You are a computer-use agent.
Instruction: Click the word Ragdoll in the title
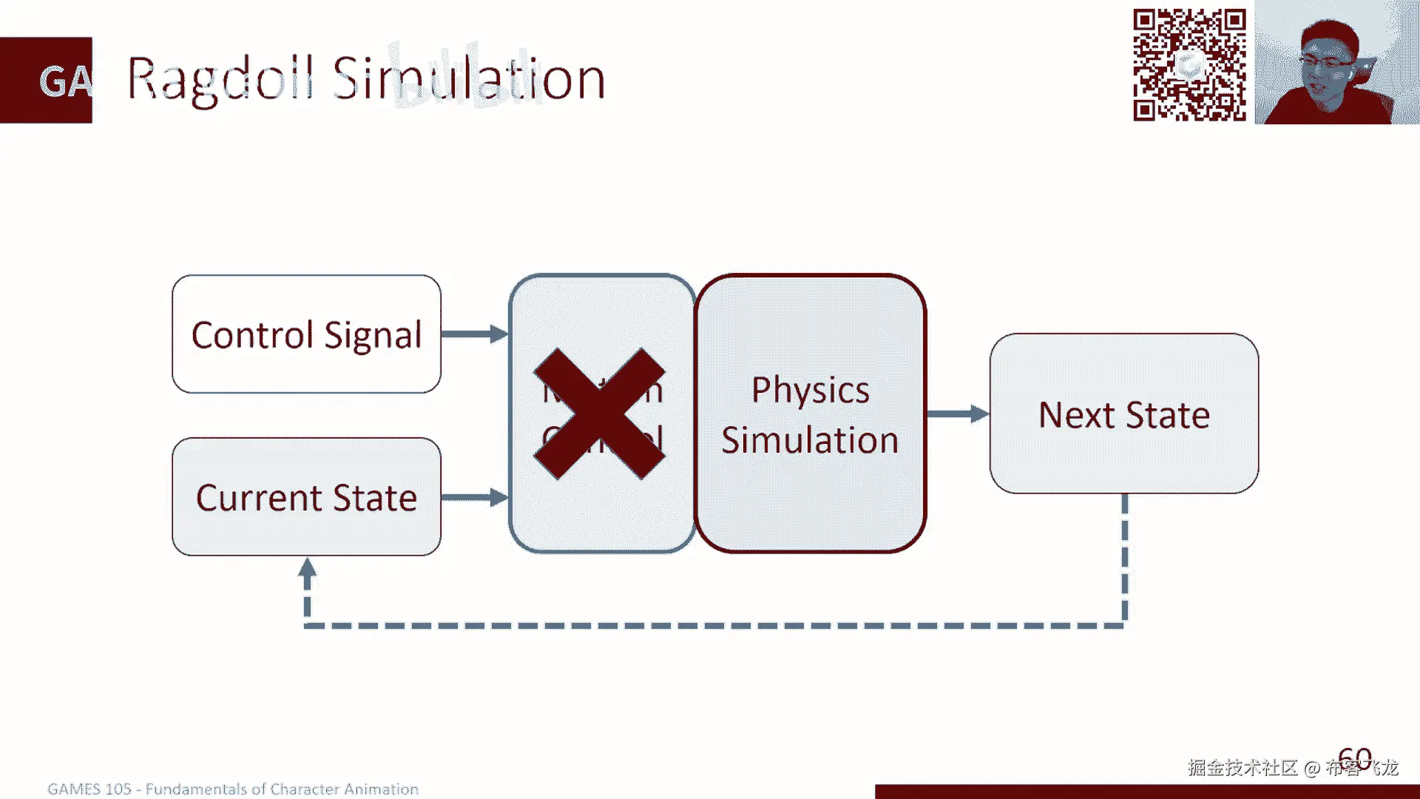coord(220,80)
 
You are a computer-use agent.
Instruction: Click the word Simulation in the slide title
coord(469,78)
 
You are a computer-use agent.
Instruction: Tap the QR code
coord(1189,65)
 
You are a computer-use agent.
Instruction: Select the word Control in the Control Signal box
coord(252,335)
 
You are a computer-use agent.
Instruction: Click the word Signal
coord(373,336)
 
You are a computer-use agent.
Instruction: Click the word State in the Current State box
coord(375,498)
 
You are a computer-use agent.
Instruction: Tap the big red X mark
coord(600,414)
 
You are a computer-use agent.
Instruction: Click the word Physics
coord(810,391)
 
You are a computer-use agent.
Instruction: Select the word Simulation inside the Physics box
coord(810,440)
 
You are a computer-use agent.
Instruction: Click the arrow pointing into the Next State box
coord(958,414)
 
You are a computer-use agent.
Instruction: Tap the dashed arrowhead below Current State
coord(308,570)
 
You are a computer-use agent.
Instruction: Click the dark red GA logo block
coord(47,80)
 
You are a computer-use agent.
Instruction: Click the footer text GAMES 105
coord(89,789)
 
